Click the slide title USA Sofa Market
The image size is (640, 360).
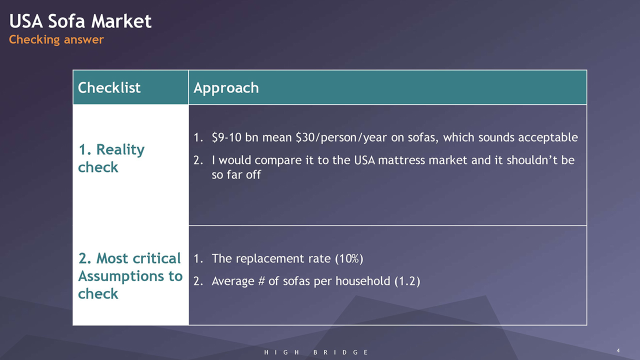[80, 21]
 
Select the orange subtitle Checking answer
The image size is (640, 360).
[56, 39]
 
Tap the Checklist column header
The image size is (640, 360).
[109, 87]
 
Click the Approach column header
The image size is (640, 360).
[226, 88]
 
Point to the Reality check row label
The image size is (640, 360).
[111, 158]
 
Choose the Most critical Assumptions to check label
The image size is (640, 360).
[130, 276]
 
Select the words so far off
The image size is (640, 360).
[236, 174]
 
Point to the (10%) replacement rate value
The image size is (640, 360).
[349, 258]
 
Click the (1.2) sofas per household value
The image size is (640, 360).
[407, 281]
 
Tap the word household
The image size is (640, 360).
[363, 281]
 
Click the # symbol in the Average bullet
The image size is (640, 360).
[261, 281]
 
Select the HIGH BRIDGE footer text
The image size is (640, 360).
[316, 352]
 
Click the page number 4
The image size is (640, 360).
[618, 350]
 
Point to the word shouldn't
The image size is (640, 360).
[532, 160]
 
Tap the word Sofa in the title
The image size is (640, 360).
[66, 21]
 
